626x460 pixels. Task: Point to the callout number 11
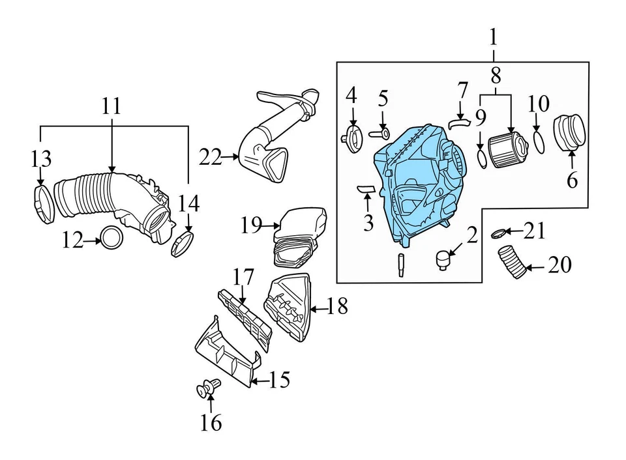click(112, 106)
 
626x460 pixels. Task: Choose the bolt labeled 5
click(381, 134)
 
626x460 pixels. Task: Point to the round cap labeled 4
click(352, 137)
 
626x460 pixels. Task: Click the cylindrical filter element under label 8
click(509, 150)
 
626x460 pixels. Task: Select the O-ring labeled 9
click(480, 158)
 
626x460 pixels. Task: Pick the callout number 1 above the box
click(493, 36)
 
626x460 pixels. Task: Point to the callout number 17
click(243, 277)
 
